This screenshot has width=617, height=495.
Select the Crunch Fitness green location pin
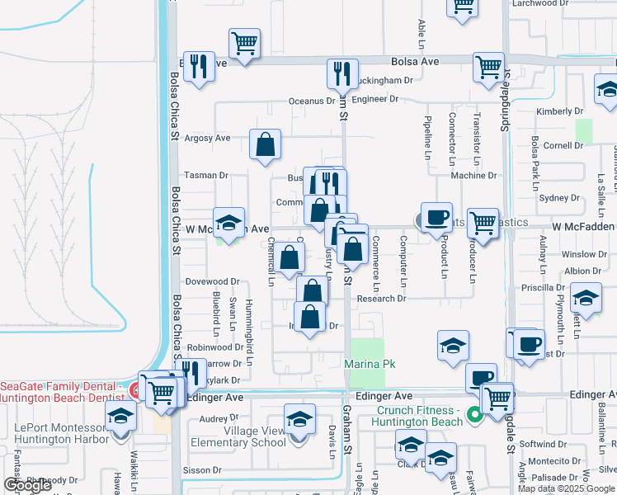pyautogui.click(x=474, y=415)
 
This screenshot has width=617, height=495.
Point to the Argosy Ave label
pyautogui.click(x=207, y=139)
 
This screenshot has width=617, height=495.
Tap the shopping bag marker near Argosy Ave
pyautogui.click(x=265, y=145)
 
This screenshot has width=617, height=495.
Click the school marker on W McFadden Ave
pyautogui.click(x=228, y=223)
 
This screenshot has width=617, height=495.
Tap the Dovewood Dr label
pyautogui.click(x=212, y=282)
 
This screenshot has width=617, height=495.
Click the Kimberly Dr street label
pyautogui.click(x=559, y=111)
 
